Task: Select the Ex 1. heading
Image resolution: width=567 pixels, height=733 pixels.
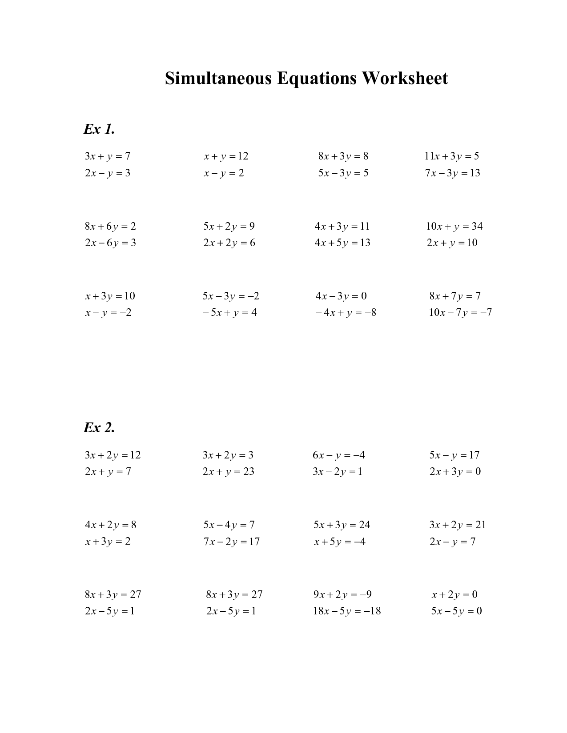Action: point(99,129)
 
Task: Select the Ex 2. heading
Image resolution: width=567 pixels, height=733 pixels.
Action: point(99,428)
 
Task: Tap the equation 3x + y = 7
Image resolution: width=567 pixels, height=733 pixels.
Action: point(108,156)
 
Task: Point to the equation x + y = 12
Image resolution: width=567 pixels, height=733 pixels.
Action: point(226,156)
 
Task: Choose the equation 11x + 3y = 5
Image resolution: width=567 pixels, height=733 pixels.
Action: point(452,156)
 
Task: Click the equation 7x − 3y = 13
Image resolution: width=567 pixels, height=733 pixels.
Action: point(453,173)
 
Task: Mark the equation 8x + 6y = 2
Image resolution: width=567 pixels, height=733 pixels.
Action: point(110,227)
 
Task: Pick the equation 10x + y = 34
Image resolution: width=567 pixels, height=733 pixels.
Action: point(454,227)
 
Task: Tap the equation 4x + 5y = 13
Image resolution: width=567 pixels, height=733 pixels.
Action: point(342,243)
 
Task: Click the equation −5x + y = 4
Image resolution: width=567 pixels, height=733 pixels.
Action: point(229,313)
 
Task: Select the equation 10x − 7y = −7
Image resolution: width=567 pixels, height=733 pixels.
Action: point(460,313)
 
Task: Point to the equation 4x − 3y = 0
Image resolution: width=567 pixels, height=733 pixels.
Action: point(341,296)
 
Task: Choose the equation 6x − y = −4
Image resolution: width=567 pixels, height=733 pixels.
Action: point(339,455)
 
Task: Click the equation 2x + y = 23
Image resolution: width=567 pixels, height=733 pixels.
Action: point(229,472)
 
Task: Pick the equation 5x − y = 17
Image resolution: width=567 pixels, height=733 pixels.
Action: point(454,455)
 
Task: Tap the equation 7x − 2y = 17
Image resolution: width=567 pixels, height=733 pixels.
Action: point(232,542)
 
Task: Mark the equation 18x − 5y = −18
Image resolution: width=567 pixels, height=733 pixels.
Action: point(347,611)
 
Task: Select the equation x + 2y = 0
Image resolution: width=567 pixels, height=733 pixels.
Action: point(454,595)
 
